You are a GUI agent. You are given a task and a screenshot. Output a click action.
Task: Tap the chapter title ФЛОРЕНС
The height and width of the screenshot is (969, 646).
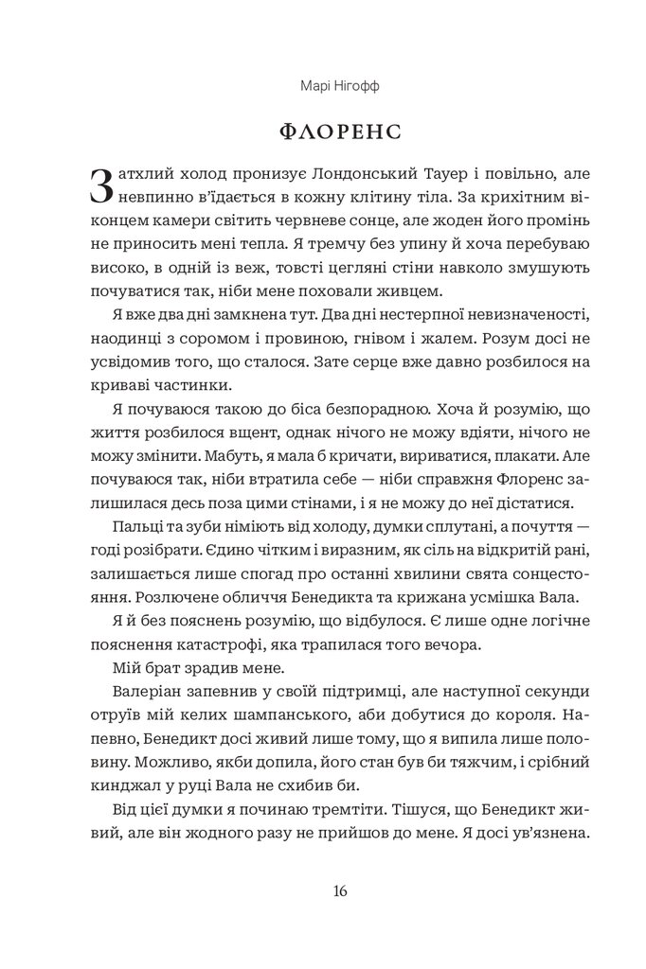click(322, 130)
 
